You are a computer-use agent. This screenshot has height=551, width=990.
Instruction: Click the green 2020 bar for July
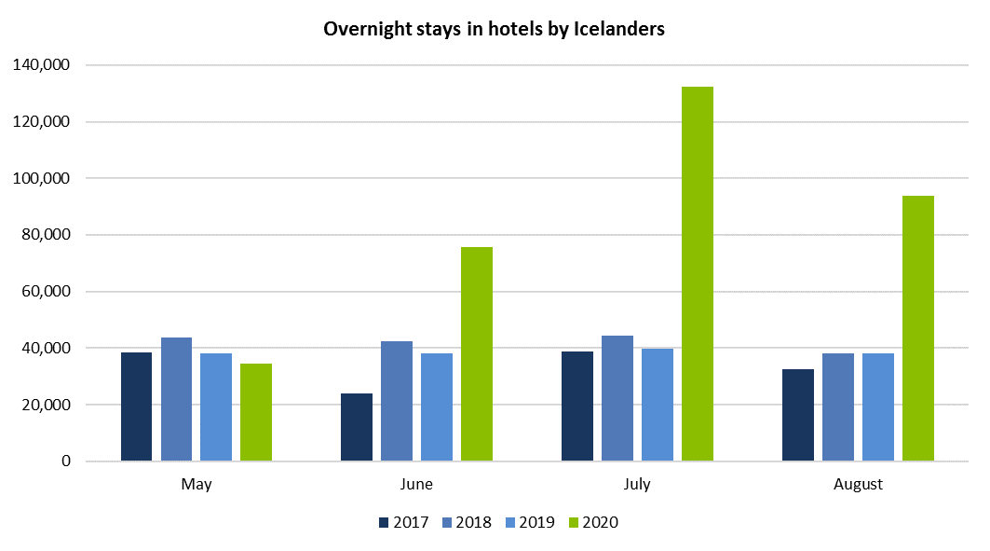(697, 274)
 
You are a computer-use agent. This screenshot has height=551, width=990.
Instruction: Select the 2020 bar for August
(917, 328)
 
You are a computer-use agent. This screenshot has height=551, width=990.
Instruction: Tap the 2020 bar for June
(477, 354)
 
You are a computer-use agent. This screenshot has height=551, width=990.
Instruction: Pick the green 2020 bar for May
(256, 412)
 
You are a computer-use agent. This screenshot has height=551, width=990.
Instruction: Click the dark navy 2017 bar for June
(357, 427)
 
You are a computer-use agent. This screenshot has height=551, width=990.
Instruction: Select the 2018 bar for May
(176, 399)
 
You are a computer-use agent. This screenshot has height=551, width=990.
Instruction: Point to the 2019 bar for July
(657, 405)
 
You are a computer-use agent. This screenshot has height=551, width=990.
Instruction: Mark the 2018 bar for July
(617, 398)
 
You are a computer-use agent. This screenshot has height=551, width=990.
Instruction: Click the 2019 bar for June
(436, 407)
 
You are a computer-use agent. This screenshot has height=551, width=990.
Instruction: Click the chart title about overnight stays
(494, 29)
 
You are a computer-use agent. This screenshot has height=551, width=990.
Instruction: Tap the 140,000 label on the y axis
(43, 65)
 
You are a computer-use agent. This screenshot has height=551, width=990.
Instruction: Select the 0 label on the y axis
(65, 461)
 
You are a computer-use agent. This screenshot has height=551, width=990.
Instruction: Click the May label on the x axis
(197, 485)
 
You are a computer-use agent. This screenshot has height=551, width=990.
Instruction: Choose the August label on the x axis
(858, 485)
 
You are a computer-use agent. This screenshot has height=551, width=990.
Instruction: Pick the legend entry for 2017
(403, 522)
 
